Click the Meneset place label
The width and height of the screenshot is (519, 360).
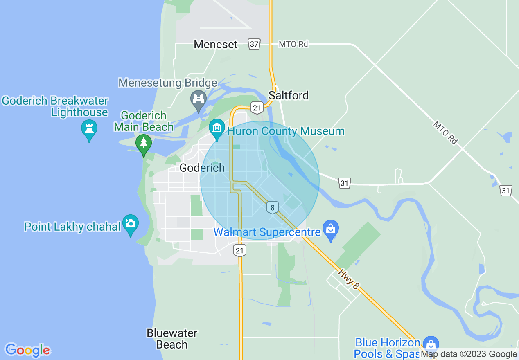216,44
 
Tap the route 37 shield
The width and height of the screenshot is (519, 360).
254,44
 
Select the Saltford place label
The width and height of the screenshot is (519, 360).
289,95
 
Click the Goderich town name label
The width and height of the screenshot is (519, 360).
202,168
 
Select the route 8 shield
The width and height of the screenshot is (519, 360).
273,207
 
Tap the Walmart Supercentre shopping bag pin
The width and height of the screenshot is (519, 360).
331,229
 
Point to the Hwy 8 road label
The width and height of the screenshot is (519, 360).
349,279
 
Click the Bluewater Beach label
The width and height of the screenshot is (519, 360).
172,339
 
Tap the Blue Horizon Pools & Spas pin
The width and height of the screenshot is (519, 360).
430,344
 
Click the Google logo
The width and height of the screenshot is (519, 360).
27,350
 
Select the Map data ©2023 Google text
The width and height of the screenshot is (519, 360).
469,354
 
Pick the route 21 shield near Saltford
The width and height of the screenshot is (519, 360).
257,108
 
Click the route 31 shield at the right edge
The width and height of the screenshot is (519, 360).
506,190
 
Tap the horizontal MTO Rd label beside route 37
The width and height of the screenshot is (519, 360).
293,44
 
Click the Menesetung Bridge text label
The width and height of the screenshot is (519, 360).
168,83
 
